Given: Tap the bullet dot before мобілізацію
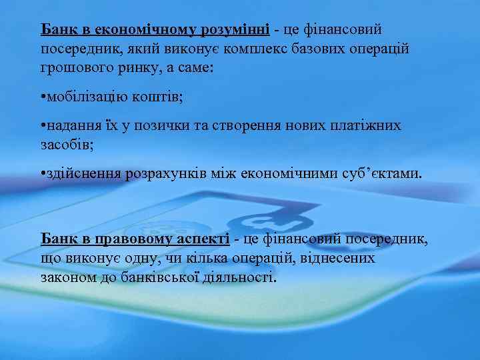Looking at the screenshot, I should click(43, 98).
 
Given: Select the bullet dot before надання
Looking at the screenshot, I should click(43, 127).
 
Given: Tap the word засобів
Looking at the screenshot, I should click(66, 145).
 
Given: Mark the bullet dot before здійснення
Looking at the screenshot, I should click(43, 174).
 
